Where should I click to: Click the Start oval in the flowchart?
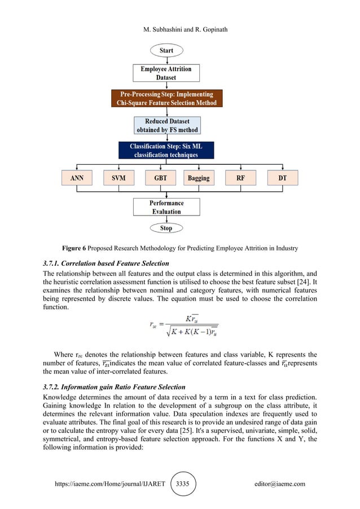pos(166,51)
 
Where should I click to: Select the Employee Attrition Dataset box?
pos(166,73)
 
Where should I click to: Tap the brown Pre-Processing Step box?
pos(166,98)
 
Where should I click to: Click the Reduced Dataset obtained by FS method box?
pos(166,125)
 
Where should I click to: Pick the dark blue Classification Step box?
pos(166,150)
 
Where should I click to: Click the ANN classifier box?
pos(77,178)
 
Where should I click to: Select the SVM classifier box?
pos(118,178)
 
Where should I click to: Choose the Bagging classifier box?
pos(198,178)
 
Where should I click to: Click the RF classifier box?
pos(241,178)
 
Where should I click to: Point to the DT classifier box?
pos(282,178)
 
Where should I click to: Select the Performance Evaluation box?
pos(166,207)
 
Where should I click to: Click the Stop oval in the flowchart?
pos(166,229)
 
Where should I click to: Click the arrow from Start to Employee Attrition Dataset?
pos(166,60)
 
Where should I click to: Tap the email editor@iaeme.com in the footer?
pos(280,484)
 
